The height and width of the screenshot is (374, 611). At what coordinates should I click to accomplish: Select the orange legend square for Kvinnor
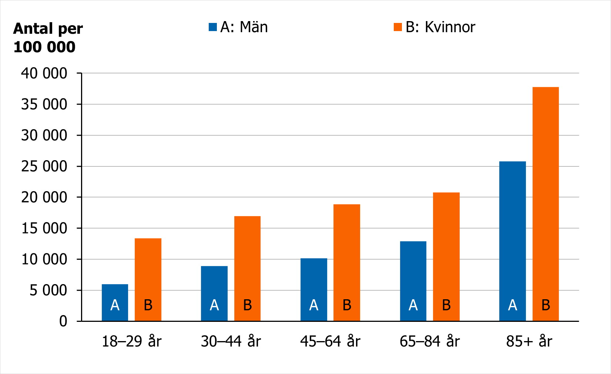(x=398, y=27)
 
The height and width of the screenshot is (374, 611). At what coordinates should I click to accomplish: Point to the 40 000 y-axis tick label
(x=44, y=73)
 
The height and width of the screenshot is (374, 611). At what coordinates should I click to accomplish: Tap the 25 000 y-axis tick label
(x=44, y=166)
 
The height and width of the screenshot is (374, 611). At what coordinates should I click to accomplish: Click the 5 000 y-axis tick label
(x=48, y=290)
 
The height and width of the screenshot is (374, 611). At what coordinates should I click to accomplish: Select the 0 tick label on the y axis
(x=63, y=321)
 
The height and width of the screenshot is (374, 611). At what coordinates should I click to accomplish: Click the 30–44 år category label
(x=231, y=341)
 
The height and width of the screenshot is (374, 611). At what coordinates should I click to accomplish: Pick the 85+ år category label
(x=529, y=341)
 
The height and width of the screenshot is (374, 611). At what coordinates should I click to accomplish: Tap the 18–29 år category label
(x=132, y=341)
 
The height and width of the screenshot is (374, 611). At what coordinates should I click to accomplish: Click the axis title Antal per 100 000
(x=48, y=38)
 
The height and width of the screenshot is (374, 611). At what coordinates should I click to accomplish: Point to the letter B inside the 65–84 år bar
(x=446, y=305)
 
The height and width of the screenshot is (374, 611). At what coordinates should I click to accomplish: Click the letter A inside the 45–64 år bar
(x=314, y=305)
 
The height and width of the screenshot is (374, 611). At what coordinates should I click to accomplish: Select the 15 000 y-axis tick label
(x=44, y=228)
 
